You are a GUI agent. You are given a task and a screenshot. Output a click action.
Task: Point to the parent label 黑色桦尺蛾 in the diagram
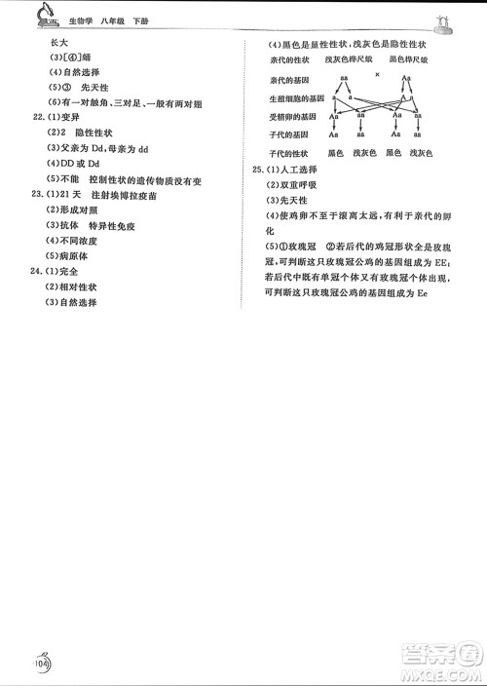pyautogui.click(x=407, y=60)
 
